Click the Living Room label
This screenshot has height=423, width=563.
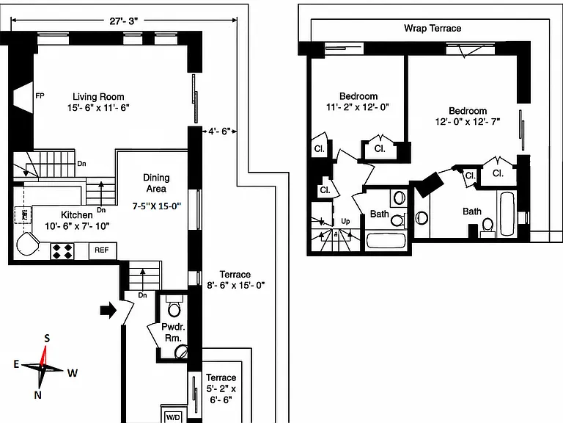pos(98,97)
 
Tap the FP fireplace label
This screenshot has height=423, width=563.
pos(40,95)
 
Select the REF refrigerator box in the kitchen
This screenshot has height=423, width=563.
pos(102,250)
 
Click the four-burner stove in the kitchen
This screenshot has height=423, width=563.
pos(62,250)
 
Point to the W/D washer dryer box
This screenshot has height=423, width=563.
pos(173,417)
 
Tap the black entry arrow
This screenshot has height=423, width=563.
pos(108,310)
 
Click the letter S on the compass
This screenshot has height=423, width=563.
pos(47,338)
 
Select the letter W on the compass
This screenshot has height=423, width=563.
pos(72,373)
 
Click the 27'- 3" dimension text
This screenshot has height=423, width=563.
pos(124,21)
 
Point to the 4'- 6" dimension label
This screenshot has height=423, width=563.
pos(219,131)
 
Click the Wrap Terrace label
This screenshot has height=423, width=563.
pos(433,29)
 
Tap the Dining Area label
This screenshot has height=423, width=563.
pos(156,183)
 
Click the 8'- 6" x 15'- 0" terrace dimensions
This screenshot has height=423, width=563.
pos(236,285)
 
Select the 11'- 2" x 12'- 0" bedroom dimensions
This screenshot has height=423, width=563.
pos(358,107)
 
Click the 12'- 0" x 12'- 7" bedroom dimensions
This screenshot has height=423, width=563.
pos(468,122)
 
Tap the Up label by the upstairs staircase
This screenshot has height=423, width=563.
pos(345,221)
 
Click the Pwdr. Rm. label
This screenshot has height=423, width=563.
pos(173,333)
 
